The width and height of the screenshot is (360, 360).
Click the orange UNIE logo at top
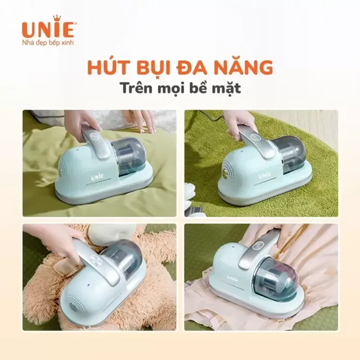coord(43,28)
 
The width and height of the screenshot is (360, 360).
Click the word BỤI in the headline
coord(156,67)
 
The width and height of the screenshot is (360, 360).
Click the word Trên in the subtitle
coord(137,88)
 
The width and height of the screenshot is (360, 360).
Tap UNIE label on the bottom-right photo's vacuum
coord(232,278)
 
